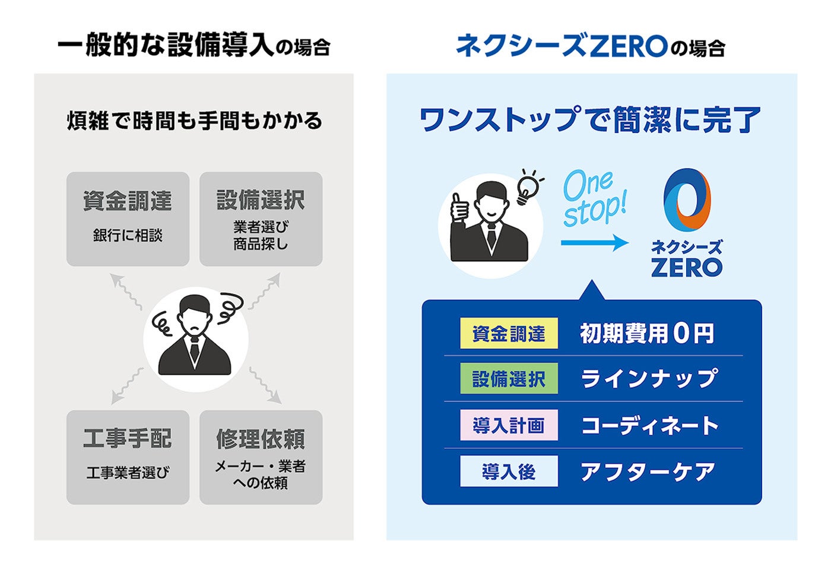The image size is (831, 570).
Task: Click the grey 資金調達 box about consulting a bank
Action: [128, 218]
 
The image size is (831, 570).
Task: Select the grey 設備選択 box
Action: [261, 218]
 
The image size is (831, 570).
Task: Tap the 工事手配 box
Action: [128, 457]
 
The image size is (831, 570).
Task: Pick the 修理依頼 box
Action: [261, 457]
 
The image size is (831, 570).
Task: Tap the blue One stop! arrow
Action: [594, 242]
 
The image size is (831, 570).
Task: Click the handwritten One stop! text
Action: [594, 199]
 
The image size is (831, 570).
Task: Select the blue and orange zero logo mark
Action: [687, 199]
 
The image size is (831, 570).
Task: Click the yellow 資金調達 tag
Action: [509, 334]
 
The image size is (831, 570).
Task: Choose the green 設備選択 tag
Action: [509, 379]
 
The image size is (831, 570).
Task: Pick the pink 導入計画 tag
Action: [509, 425]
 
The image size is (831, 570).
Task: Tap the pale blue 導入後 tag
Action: [509, 471]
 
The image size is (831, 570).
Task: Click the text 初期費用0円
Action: [647, 334]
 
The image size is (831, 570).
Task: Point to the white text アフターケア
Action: [648, 471]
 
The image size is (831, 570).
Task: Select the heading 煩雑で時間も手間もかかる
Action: [195, 121]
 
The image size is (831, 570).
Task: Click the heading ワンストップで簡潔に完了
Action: [590, 119]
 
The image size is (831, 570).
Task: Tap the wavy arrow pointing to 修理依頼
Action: [265, 385]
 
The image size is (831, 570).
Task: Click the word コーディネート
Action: [649, 425]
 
